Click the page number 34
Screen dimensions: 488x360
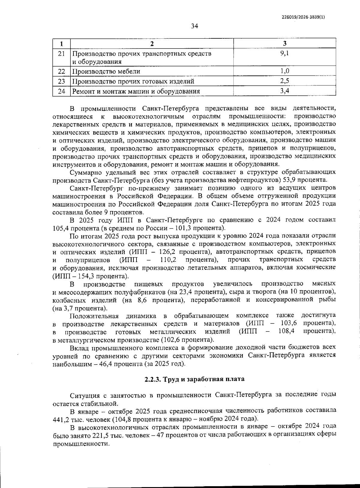point(194,26)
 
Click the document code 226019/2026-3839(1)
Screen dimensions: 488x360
point(303,17)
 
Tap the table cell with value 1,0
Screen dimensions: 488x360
point(284,71)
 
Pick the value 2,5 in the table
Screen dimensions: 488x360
point(284,81)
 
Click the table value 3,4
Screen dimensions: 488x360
point(284,91)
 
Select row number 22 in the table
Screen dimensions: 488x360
point(61,71)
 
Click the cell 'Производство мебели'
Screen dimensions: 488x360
point(106,71)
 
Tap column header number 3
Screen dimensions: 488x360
point(284,43)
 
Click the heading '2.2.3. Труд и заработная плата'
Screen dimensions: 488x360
point(194,379)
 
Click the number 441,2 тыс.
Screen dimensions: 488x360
point(61,418)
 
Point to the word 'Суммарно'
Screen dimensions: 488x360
point(84,172)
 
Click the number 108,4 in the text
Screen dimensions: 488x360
point(286,331)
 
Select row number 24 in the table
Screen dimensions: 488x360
point(61,91)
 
